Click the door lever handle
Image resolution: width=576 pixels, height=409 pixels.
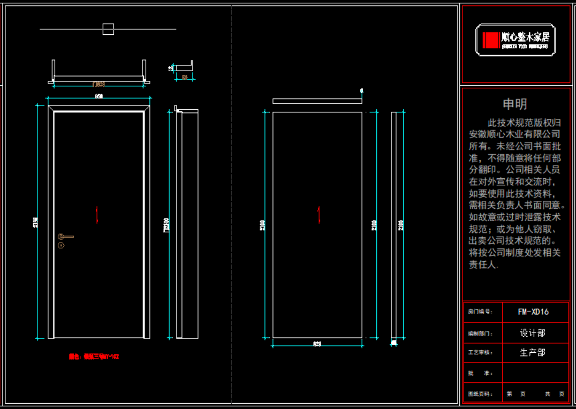pos(66,237)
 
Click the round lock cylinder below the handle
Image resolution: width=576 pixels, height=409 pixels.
pos(61,246)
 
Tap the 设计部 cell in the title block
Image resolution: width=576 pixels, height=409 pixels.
pos(533,333)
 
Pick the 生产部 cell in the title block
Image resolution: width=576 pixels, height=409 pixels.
pos(533,353)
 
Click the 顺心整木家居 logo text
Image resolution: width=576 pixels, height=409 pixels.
pos(525,37)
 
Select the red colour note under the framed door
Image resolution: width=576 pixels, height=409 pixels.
pos(94,357)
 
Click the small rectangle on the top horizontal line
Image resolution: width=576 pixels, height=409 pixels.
pos(108,29)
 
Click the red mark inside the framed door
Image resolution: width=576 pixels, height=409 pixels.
pos(97,214)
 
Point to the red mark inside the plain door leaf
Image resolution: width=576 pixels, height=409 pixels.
pos(319,214)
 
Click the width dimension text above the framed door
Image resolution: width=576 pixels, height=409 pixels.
pos(99,96)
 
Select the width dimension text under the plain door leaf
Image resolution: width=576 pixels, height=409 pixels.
pos(317,344)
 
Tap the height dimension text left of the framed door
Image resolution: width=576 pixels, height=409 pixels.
pos(36,222)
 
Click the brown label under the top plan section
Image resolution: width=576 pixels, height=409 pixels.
pos(99,84)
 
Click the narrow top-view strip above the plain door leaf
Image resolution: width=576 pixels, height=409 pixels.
pos(317,101)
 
